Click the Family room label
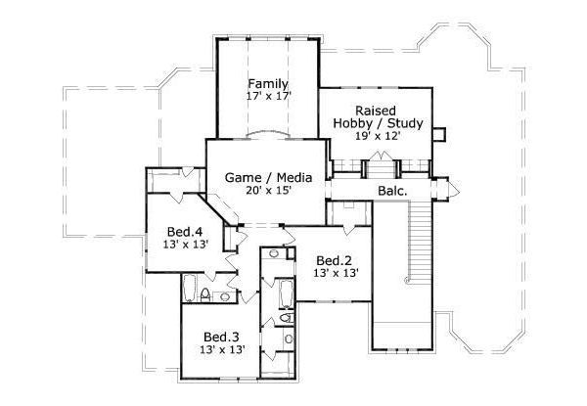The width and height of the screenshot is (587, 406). (267, 83)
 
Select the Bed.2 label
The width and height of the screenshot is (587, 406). (333, 260)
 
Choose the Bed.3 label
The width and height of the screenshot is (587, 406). (221, 334)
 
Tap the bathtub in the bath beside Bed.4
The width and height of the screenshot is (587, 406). (189, 289)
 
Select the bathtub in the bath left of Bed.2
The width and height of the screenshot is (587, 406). (284, 293)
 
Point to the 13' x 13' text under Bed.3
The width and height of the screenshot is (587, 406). (221, 347)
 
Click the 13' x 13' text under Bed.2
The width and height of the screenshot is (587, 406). (333, 274)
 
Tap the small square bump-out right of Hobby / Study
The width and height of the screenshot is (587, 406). (439, 132)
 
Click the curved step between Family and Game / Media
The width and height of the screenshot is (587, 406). (267, 133)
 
